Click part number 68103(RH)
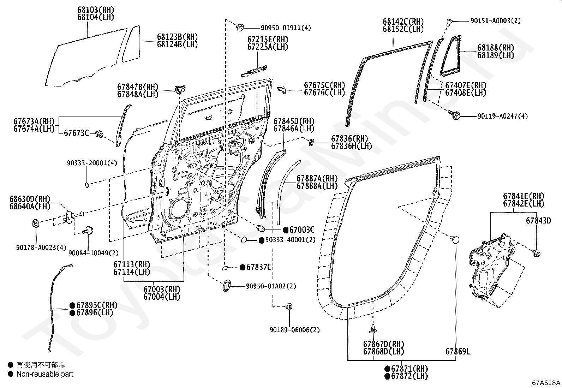(x=96, y=10)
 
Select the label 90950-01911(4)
(x=286, y=28)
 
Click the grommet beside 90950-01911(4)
(x=240, y=27)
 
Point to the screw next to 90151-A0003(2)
(x=449, y=22)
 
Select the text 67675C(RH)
(x=324, y=85)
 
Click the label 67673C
(x=76, y=133)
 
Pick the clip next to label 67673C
(x=100, y=134)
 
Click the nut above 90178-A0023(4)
(x=35, y=223)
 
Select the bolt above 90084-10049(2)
(x=89, y=230)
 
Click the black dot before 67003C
(x=286, y=230)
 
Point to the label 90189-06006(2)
(x=294, y=330)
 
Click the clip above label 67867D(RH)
(x=373, y=329)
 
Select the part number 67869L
(x=458, y=351)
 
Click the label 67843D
(x=538, y=221)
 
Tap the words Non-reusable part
(x=45, y=374)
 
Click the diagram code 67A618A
(x=546, y=383)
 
